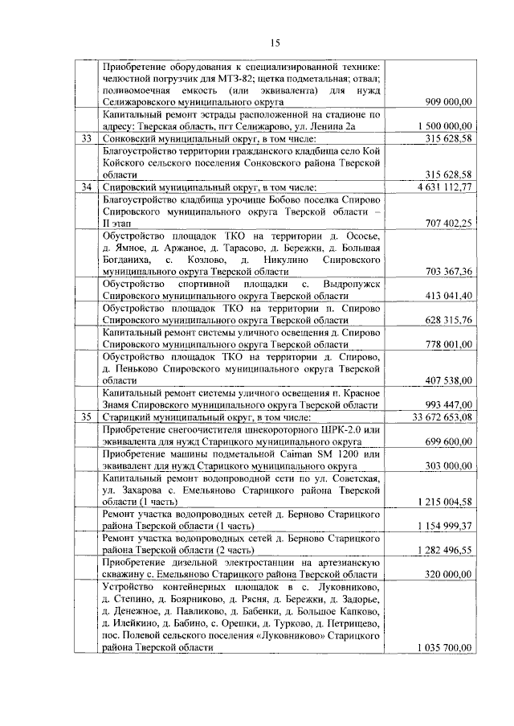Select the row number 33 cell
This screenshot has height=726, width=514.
(x=87, y=139)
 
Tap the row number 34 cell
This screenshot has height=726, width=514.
(x=87, y=187)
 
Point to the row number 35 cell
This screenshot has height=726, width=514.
(x=87, y=416)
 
